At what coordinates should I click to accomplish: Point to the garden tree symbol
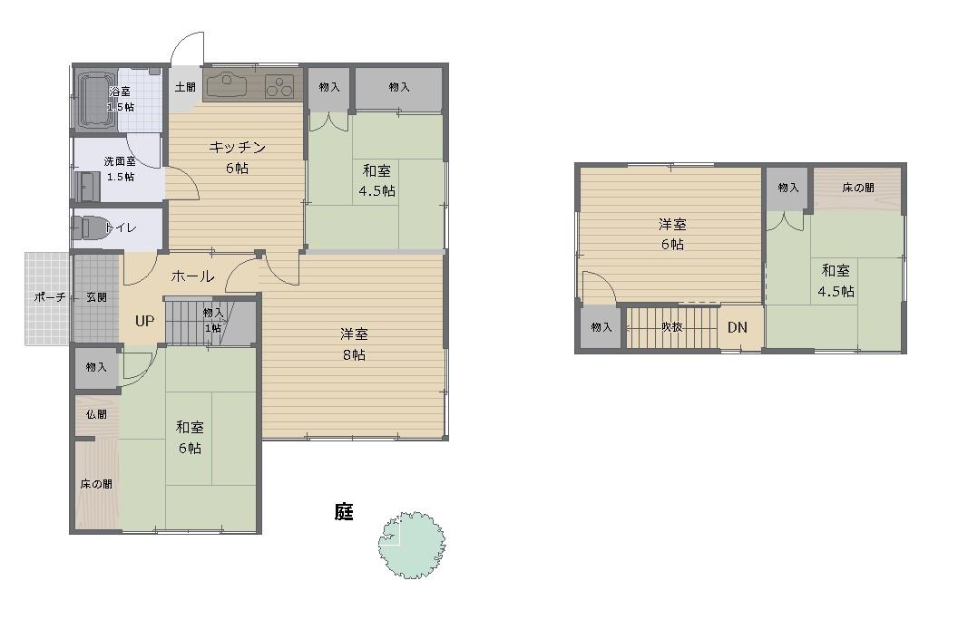tap(411, 545)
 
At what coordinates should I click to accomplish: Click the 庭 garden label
tap(344, 512)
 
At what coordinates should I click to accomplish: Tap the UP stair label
tap(145, 321)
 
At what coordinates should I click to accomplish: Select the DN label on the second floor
tap(738, 327)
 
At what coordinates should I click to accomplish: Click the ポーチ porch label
tap(50, 297)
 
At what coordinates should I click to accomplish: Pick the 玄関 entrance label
tap(96, 297)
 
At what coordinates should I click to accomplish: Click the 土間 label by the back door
tap(185, 87)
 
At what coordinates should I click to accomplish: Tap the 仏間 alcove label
tap(96, 414)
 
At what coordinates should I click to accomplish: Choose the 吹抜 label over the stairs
tap(671, 327)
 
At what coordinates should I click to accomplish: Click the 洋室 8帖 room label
tap(354, 344)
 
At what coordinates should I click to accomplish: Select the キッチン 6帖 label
tap(237, 158)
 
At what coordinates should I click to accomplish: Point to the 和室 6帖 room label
tap(190, 437)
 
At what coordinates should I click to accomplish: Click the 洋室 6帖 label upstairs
tap(672, 234)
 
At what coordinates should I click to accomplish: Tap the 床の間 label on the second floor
tap(858, 189)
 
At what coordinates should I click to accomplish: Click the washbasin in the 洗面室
tap(87, 187)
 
